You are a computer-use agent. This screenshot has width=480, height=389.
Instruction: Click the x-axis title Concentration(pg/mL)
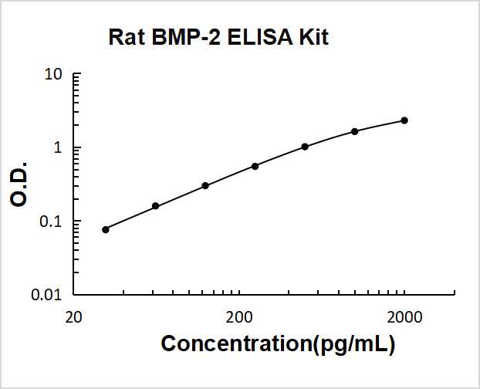278,343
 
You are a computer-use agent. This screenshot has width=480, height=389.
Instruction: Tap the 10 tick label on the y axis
53,75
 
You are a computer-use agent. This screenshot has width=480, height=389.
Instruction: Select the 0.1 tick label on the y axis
51,222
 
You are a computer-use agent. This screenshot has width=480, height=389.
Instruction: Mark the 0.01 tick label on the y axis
47,295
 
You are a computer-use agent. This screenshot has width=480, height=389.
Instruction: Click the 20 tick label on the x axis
73,317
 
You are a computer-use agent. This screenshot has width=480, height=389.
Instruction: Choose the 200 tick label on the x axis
239,317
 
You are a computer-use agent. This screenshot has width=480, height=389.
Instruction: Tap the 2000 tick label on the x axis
404,317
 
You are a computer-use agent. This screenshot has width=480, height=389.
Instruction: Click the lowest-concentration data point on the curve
106,229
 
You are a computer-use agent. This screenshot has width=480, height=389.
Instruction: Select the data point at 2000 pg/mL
404,120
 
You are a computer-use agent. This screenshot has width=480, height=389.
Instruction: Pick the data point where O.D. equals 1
305,147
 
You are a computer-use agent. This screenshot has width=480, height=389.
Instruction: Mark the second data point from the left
155,206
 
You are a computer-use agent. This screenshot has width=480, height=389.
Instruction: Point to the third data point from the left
205,185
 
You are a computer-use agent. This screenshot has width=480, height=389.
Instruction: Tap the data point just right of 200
255,166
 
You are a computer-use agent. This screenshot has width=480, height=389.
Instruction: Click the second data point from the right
354,131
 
